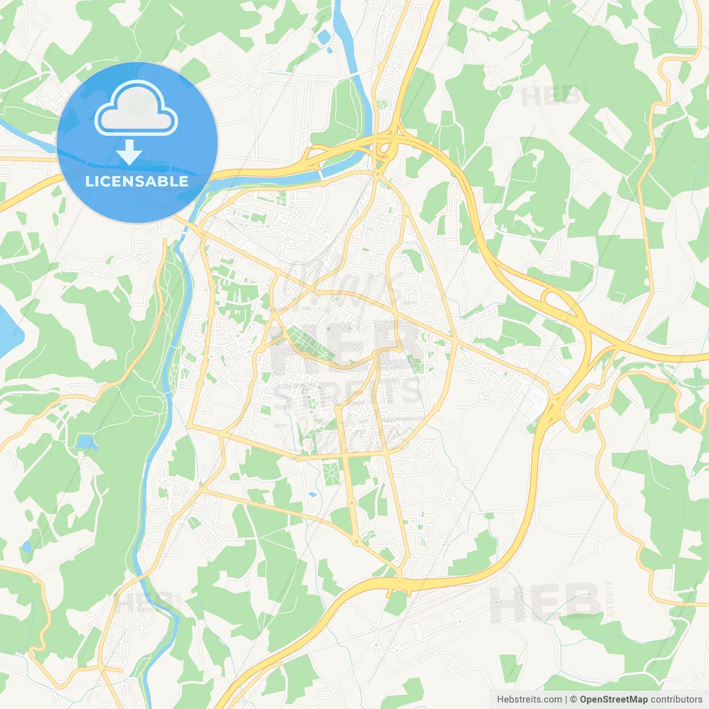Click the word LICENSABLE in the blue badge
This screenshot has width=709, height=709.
click(x=137, y=181)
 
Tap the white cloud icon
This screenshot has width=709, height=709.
click(x=136, y=109)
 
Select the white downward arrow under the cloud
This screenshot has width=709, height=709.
click(x=129, y=152)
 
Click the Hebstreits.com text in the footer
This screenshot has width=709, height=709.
click(x=529, y=700)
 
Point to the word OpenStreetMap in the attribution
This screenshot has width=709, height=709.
click(x=613, y=700)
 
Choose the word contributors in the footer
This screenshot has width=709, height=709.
click(x=676, y=700)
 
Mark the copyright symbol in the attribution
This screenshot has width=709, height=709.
click(x=574, y=700)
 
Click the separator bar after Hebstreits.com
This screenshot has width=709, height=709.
click(x=566, y=700)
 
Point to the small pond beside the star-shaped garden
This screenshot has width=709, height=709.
click(x=312, y=494)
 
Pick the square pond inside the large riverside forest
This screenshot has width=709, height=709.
click(x=85, y=442)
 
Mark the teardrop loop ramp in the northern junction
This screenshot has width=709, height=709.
click(x=383, y=149)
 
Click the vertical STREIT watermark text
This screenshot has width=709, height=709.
click(x=610, y=598)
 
